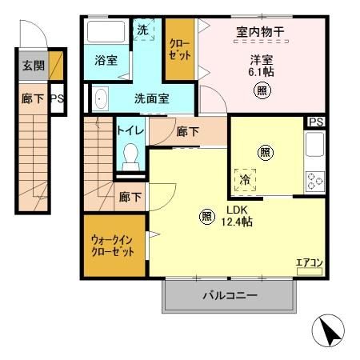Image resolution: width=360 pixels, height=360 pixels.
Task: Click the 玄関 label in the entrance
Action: pyautogui.click(x=32, y=66)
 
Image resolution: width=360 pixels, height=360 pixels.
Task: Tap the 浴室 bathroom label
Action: pyautogui.click(x=106, y=61)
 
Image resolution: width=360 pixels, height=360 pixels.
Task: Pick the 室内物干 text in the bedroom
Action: pyautogui.click(x=262, y=32)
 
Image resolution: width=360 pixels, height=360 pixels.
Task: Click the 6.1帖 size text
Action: pyautogui.click(x=262, y=71)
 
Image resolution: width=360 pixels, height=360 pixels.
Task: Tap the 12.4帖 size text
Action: pyautogui.click(x=237, y=222)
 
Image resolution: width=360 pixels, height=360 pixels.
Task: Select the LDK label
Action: pyautogui.click(x=236, y=210)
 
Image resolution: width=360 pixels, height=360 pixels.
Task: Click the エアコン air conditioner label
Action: pyautogui.click(x=308, y=262)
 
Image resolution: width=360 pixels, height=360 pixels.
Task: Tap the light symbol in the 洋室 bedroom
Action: pyautogui.click(x=262, y=91)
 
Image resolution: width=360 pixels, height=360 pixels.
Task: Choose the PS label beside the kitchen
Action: pyautogui.click(x=316, y=122)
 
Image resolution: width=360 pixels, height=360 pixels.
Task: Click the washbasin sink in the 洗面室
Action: pyautogui.click(x=100, y=99)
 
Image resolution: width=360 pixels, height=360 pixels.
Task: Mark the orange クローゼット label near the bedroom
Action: pyautogui.click(x=179, y=50)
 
